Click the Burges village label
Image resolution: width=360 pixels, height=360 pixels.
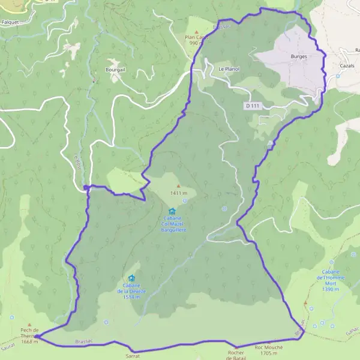click(x=298, y=56)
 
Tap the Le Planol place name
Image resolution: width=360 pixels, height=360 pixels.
click(x=229, y=69)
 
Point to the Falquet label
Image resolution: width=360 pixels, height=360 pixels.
click(x=11, y=22)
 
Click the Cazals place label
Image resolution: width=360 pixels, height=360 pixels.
click(x=347, y=65)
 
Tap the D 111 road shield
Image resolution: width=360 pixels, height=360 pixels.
click(x=253, y=106)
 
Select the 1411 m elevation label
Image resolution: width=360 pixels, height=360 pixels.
click(x=179, y=193)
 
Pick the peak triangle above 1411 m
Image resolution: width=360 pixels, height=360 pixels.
click(x=178, y=186)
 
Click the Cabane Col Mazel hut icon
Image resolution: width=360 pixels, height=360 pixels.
click(x=173, y=211)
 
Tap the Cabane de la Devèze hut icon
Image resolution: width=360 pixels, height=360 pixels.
click(x=131, y=278)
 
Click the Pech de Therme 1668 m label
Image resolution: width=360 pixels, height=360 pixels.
click(x=29, y=336)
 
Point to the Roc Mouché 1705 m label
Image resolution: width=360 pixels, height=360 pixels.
click(x=269, y=350)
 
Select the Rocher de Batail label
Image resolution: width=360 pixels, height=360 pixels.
click(x=237, y=355)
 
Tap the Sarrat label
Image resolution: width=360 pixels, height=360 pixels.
click(x=133, y=356)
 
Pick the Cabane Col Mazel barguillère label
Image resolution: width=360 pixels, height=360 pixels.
click(x=173, y=225)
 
